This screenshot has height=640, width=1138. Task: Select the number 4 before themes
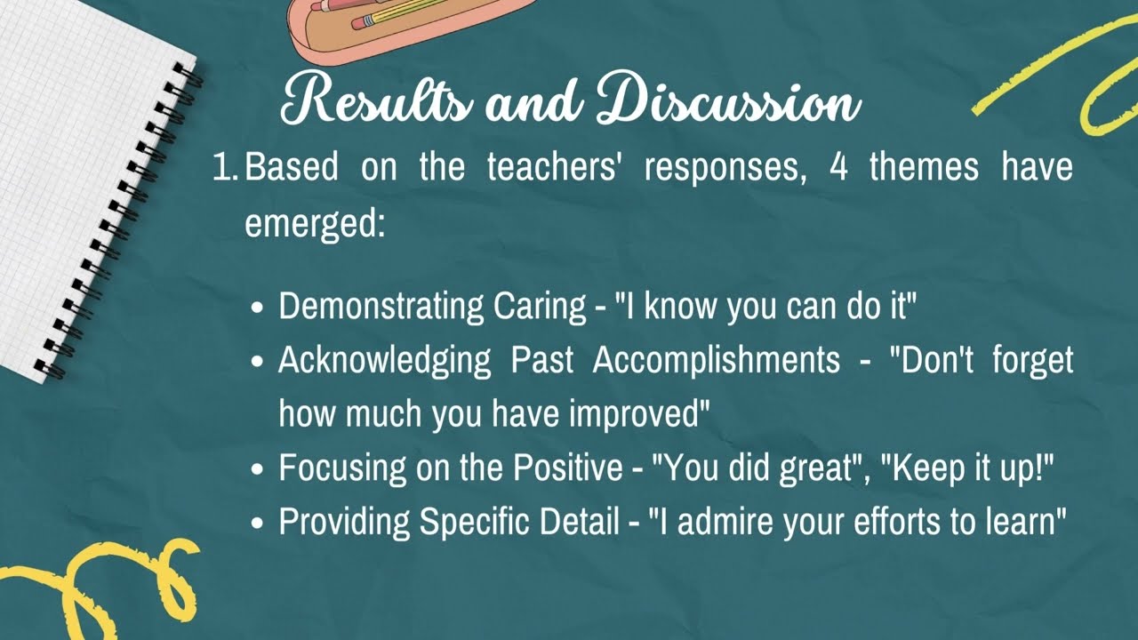tap(837, 167)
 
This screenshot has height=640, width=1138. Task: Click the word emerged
tap(315, 224)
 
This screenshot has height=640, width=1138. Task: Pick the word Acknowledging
tap(384, 360)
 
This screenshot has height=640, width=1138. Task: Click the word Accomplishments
tap(716, 360)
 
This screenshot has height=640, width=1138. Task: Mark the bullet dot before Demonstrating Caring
tap(258, 308)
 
